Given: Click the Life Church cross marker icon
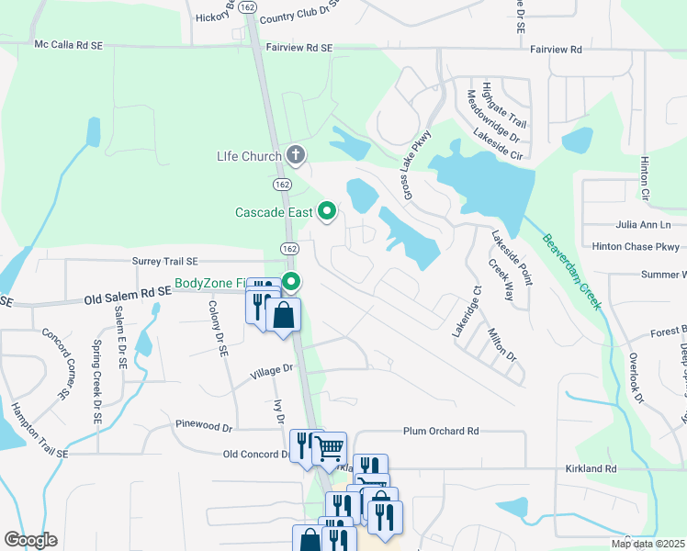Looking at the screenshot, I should pos(295,155).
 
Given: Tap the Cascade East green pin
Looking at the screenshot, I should pos(327,212).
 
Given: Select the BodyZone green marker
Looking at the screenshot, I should pos(292,281).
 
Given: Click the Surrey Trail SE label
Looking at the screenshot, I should pos(171,262).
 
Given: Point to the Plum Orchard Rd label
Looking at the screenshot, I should pos(441,431).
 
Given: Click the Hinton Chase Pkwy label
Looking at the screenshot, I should pos(636,246).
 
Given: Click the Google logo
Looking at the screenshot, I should pos(30,540).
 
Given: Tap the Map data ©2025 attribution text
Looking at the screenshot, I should pos(648,544).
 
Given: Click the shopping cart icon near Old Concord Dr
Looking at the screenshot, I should pos(329,448).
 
